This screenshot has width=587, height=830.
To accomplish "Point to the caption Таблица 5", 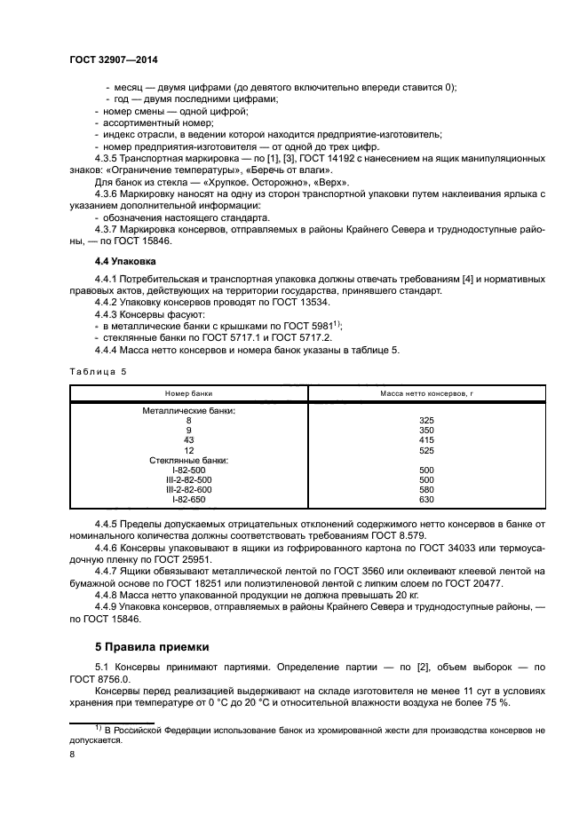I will pyautogui.click(x=98, y=372).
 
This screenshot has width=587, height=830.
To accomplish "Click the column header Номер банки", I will pyautogui.click(x=188, y=392).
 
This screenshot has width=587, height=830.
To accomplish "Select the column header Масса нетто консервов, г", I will pyautogui.click(x=425, y=392).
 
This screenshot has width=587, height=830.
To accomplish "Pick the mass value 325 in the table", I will pyautogui.click(x=425, y=420).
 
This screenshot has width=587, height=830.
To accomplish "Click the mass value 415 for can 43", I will pyautogui.click(x=425, y=440).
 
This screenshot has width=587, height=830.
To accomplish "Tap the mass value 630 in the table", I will pyautogui.click(x=425, y=501).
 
